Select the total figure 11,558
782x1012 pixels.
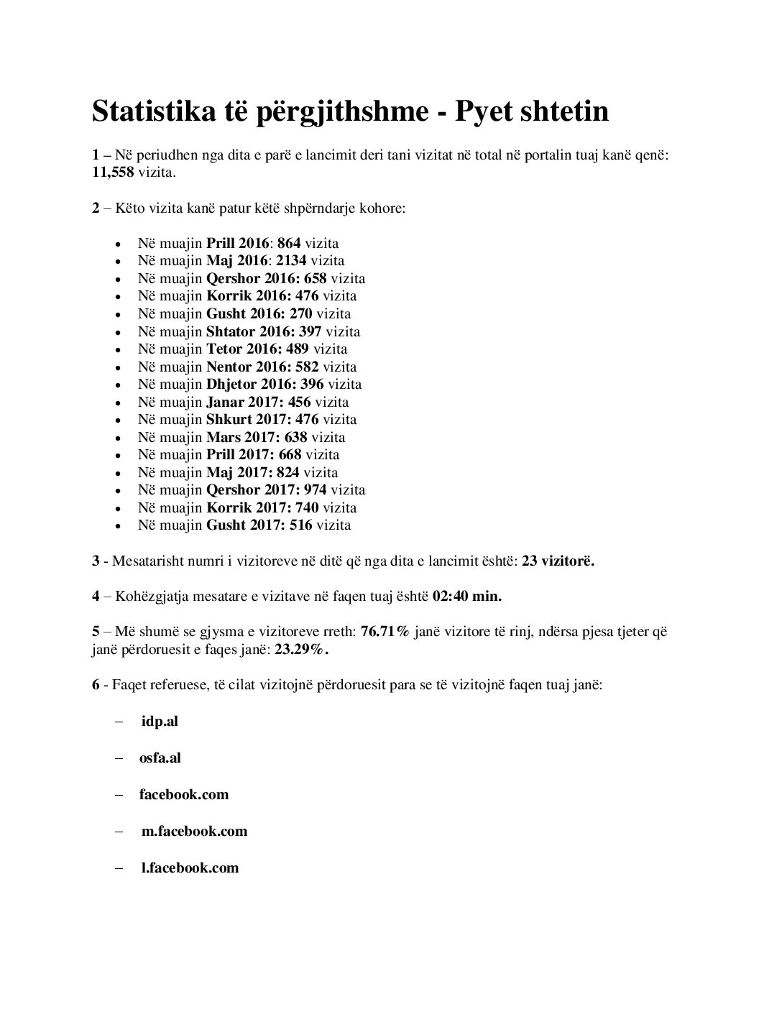coord(113,173)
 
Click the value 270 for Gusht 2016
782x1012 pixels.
coord(300,313)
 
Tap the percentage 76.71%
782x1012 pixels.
coord(385,631)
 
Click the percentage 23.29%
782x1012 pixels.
coord(302,649)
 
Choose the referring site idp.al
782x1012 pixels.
coord(160,721)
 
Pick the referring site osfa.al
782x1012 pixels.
coord(160,758)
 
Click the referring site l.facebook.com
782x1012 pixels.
coord(190,868)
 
